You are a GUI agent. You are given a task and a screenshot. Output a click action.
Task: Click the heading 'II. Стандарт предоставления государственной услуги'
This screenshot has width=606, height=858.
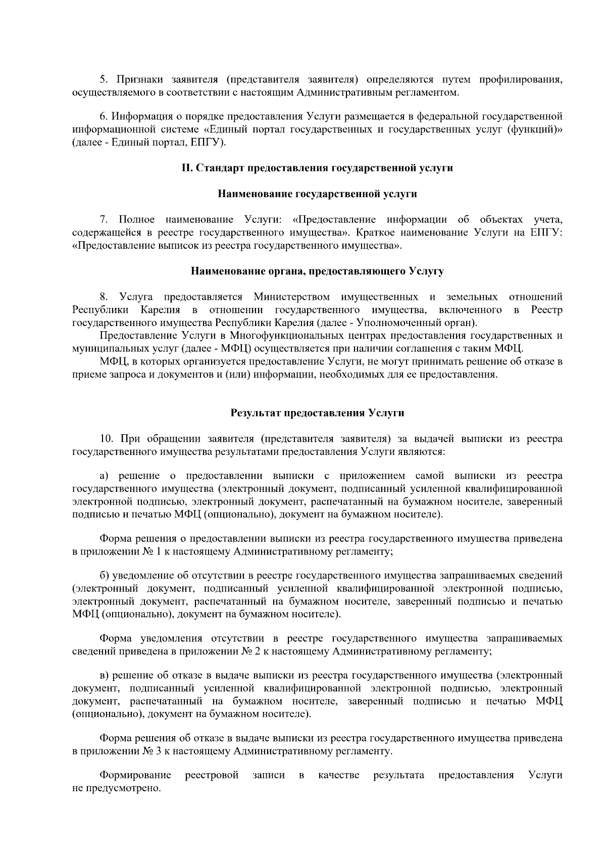(317, 168)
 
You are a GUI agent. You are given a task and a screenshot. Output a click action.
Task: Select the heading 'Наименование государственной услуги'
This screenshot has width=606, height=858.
(317, 194)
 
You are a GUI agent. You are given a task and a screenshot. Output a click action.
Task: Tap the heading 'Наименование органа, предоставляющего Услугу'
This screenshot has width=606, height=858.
(317, 272)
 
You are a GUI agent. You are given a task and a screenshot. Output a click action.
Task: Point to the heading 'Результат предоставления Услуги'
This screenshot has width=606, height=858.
(317, 413)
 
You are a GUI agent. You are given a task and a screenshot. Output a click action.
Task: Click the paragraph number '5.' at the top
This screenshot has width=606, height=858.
(104, 80)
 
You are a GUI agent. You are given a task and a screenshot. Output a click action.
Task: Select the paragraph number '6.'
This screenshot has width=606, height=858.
(104, 117)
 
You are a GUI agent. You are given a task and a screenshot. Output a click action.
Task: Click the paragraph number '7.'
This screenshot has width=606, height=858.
(104, 219)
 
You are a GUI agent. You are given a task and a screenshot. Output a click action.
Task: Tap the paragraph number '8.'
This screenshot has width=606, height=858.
(104, 296)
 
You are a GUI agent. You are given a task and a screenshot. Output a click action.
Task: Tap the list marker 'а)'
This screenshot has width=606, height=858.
(104, 476)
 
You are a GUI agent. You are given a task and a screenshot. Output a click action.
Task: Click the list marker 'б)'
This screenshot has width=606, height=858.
(104, 575)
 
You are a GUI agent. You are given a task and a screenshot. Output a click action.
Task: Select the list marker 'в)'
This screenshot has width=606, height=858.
(104, 675)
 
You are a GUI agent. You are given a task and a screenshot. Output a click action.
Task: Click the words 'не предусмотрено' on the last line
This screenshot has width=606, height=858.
(116, 788)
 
